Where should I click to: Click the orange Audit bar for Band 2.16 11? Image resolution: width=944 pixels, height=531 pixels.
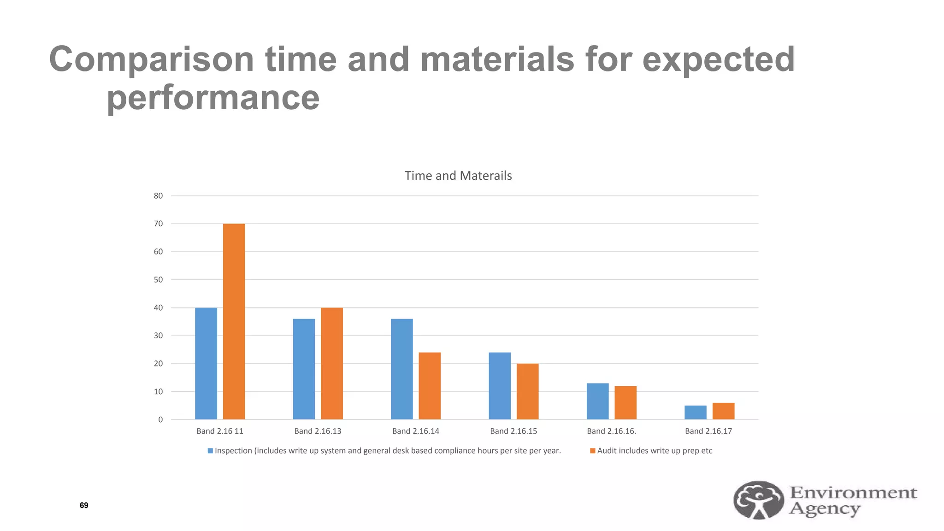click(x=234, y=321)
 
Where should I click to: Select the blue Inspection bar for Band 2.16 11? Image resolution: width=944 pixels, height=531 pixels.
click(x=206, y=363)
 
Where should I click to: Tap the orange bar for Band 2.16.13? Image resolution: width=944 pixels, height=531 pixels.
click(x=332, y=363)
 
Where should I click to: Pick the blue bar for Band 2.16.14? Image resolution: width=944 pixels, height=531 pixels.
click(x=402, y=369)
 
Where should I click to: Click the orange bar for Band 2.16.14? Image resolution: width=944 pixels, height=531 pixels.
click(x=430, y=386)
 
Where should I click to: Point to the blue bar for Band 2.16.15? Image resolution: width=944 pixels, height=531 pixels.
click(x=500, y=386)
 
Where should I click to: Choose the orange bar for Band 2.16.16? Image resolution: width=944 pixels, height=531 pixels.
click(x=625, y=402)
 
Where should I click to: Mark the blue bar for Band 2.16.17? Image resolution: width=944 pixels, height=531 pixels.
click(x=696, y=413)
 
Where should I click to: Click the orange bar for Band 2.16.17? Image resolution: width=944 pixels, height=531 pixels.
click(x=723, y=411)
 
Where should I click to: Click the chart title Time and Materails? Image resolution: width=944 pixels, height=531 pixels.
click(x=458, y=176)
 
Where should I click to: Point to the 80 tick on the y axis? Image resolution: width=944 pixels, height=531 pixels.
click(x=158, y=196)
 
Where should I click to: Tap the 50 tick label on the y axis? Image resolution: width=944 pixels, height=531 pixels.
click(x=158, y=280)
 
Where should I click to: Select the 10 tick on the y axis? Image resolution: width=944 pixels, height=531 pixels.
click(x=158, y=392)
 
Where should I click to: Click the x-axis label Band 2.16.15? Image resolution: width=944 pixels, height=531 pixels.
click(x=513, y=431)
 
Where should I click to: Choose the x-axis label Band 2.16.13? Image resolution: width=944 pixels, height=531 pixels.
click(x=318, y=431)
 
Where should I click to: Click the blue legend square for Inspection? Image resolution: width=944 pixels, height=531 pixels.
click(x=210, y=451)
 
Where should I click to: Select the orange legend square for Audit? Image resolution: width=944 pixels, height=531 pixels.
click(x=593, y=451)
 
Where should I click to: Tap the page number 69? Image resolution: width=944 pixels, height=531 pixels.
click(x=84, y=505)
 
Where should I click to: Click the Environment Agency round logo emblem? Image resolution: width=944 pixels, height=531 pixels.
click(x=758, y=500)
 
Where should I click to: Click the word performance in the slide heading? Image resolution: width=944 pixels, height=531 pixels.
click(x=213, y=98)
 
